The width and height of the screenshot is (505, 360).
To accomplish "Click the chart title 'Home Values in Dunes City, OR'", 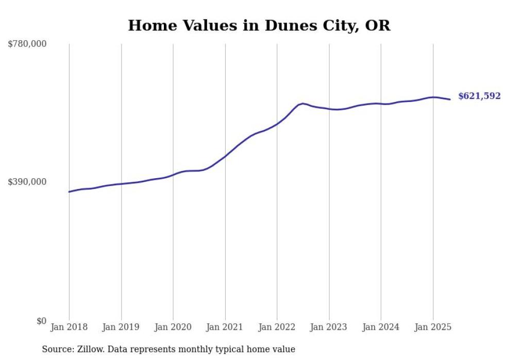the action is tap(259, 25).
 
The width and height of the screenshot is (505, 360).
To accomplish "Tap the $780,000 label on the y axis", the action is tap(27, 44).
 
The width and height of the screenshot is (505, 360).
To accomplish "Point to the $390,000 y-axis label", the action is tap(27, 182).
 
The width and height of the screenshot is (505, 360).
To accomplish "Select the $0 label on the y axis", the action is tap(42, 321).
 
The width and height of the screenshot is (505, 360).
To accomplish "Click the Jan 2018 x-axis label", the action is tap(69, 327).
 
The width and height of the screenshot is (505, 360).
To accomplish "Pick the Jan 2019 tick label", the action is tap(121, 327).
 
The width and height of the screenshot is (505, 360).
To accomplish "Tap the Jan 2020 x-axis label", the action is tap(173, 327).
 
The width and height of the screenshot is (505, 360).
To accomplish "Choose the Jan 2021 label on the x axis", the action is tap(225, 327).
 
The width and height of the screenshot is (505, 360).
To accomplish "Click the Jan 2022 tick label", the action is tap(277, 327).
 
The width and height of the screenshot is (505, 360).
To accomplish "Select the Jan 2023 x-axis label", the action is tap(329, 327).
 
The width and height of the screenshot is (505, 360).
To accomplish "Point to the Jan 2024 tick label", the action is tap(381, 327).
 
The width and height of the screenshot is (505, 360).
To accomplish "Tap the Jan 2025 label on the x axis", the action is tap(433, 327).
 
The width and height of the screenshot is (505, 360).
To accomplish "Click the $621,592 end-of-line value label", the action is tap(479, 96).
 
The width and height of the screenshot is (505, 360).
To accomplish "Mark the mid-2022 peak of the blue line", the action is tap(302, 104).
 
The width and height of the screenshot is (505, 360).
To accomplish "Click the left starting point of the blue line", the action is tap(69, 192).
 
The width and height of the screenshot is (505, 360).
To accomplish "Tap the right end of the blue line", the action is tap(450, 99).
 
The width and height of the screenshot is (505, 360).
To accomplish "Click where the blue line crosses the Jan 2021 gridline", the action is tap(225, 156).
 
